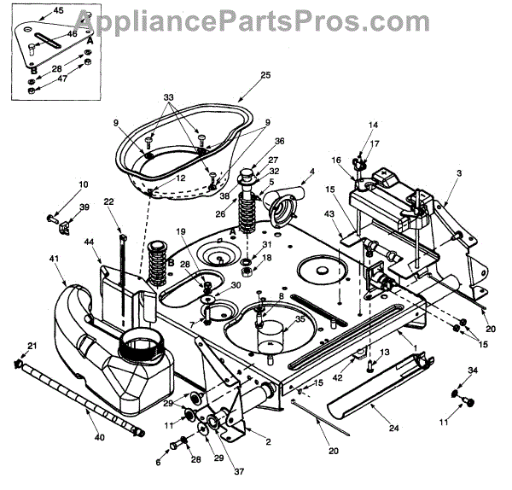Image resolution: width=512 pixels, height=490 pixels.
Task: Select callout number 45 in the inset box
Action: (x=34, y=11)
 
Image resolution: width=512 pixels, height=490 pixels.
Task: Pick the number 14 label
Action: (x=372, y=125)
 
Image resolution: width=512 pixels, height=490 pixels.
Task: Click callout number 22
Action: (x=109, y=201)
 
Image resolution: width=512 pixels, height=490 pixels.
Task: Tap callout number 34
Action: (x=474, y=369)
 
